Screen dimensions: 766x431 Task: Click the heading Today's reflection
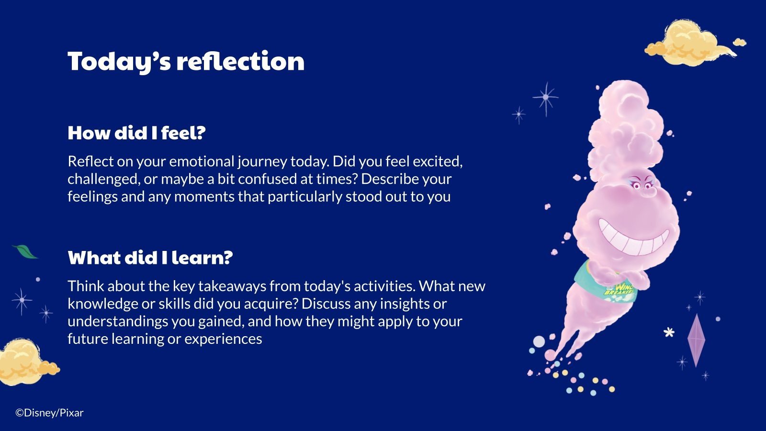point(186,62)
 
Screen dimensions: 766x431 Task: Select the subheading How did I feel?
point(136,133)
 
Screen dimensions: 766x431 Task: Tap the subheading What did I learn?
point(150,257)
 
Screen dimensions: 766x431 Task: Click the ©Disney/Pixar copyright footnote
point(50,413)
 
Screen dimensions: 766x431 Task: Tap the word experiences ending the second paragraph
point(223,339)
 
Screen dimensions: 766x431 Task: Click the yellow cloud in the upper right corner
point(694,43)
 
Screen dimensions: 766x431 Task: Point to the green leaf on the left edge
point(24,252)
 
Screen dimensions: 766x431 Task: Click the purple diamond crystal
point(696,340)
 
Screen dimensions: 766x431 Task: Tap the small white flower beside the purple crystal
point(669,332)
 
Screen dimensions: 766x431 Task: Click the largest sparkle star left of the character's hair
point(546,98)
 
